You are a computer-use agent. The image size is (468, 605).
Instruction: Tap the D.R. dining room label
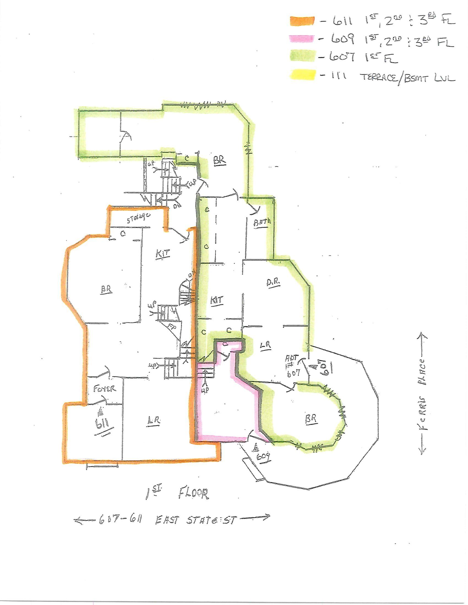274,282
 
